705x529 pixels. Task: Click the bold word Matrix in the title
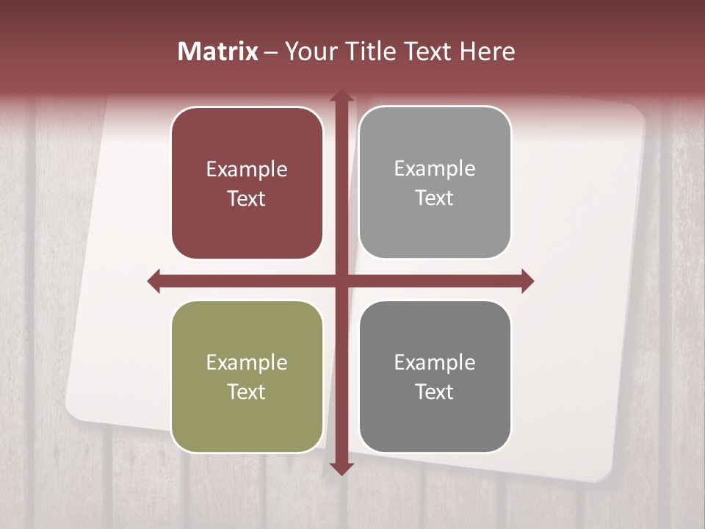pyautogui.click(x=218, y=51)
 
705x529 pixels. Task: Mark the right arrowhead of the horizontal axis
pyautogui.click(x=527, y=281)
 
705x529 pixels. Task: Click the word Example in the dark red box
pyautogui.click(x=247, y=170)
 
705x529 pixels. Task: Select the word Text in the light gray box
pyautogui.click(x=435, y=198)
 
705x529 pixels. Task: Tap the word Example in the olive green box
pyautogui.click(x=247, y=363)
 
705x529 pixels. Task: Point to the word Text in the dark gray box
pyautogui.click(x=435, y=392)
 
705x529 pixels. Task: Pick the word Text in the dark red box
pyautogui.click(x=247, y=198)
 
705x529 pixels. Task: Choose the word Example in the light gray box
pyautogui.click(x=435, y=169)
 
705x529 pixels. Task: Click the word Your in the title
pyautogui.click(x=308, y=51)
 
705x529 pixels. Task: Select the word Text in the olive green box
pyautogui.click(x=247, y=392)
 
